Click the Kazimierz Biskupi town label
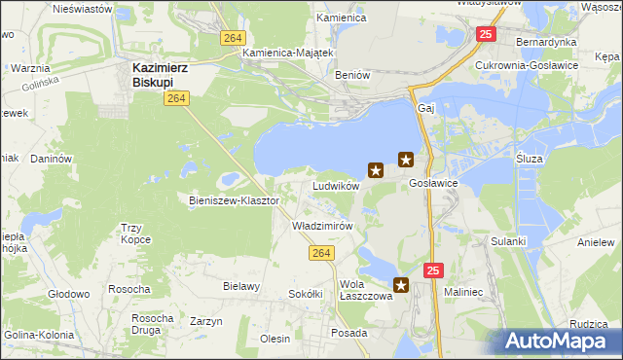pos(163,75)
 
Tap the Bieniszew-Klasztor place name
pos(234,200)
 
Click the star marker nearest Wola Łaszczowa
pos(401,285)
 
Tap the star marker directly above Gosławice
pos(406,160)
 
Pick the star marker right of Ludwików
pos(375,170)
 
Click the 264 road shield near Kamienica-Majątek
pos(231,37)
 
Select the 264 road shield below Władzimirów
pos(324,253)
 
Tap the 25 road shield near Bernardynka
pos(487,35)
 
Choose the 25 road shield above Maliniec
pos(434,269)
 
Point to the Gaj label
pos(424,108)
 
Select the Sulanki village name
pos(508,240)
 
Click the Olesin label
pos(275,339)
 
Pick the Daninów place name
pos(52,158)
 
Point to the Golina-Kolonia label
pos(40,336)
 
